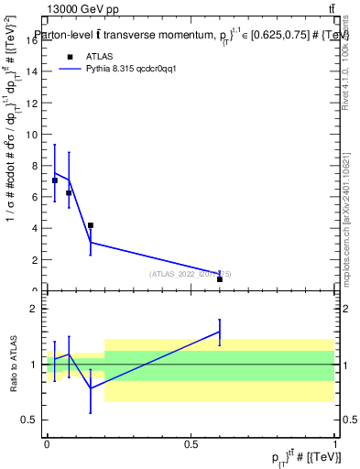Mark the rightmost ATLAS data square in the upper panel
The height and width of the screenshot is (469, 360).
click(220, 279)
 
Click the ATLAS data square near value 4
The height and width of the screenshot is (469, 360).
click(90, 225)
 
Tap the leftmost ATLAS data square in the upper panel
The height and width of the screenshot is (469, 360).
click(55, 180)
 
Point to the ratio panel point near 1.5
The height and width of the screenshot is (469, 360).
click(220, 332)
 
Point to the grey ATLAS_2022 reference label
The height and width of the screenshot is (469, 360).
click(191, 274)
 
